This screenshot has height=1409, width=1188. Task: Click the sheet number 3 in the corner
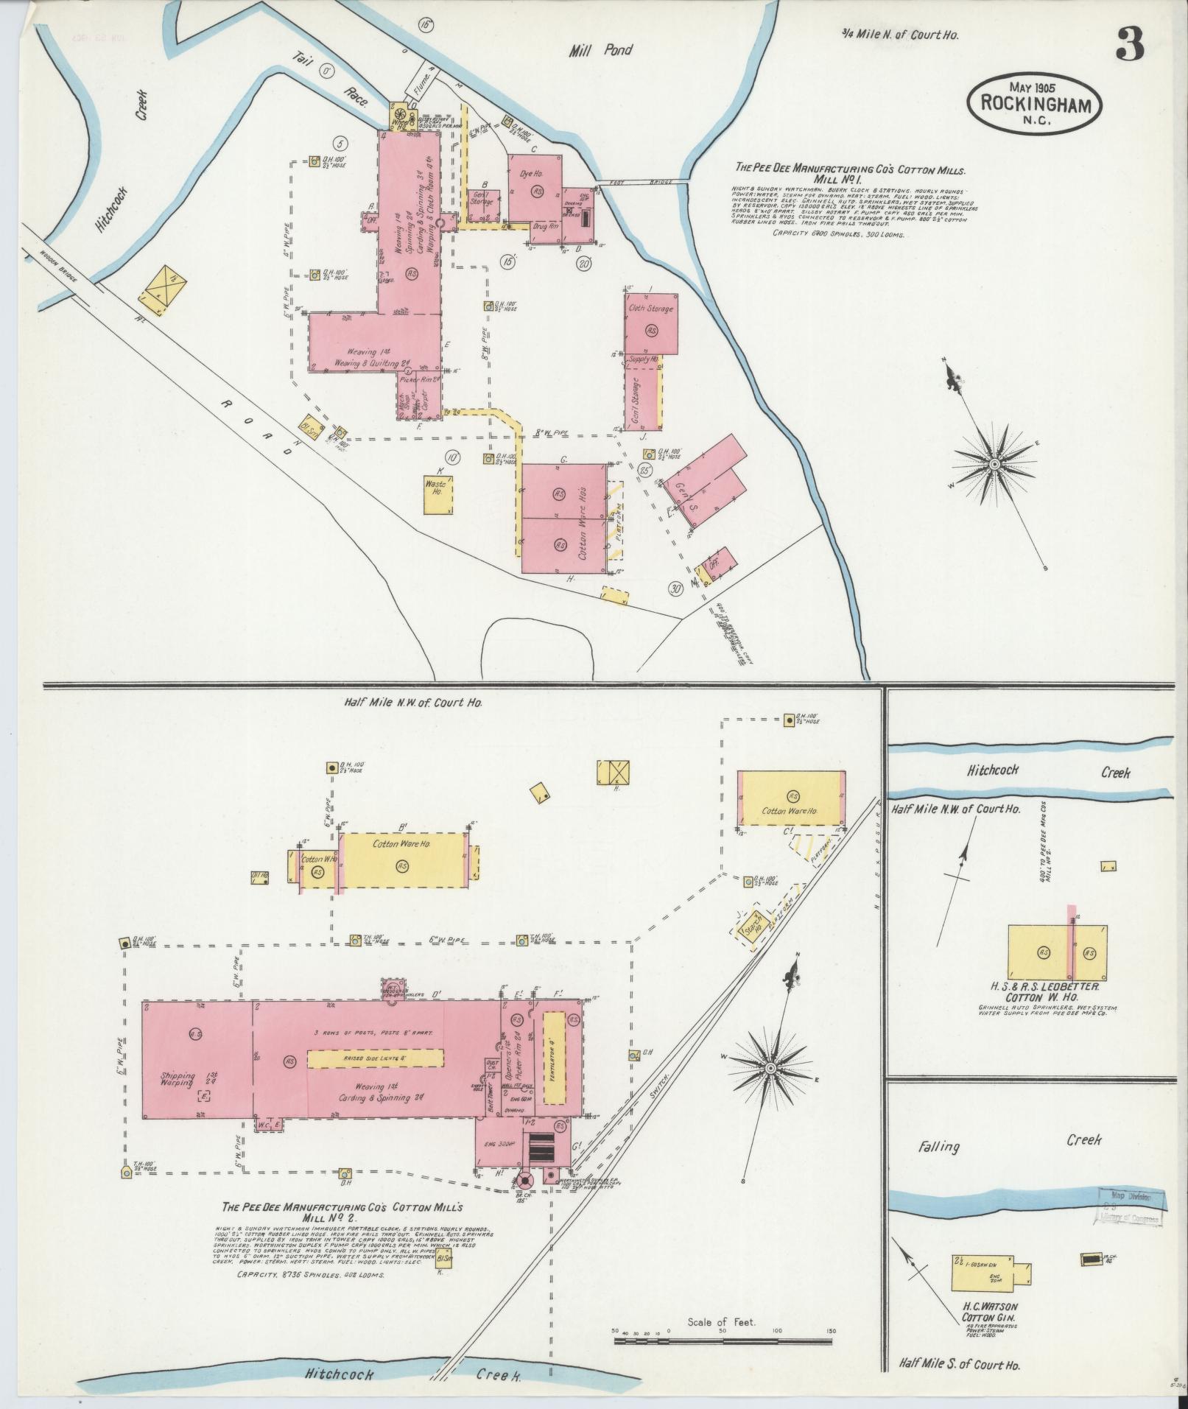pyautogui.click(x=1128, y=46)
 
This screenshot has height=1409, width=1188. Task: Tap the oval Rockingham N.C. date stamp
pyautogui.click(x=1034, y=102)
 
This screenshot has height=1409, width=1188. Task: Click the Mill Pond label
pyautogui.click(x=600, y=51)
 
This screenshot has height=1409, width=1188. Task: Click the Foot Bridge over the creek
pyautogui.click(x=644, y=181)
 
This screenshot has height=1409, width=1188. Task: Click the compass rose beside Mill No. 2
pyautogui.click(x=770, y=1067)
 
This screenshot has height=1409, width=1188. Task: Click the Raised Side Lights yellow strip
pyautogui.click(x=375, y=1058)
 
